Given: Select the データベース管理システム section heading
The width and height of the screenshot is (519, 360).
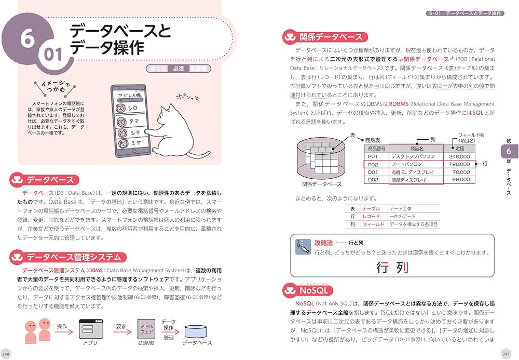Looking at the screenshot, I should click(74, 257).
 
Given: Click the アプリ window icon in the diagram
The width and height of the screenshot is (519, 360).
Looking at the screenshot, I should click(90, 328).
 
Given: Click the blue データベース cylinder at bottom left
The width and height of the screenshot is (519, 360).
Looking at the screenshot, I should click(197, 330).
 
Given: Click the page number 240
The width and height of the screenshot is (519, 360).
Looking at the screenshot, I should click(6, 354).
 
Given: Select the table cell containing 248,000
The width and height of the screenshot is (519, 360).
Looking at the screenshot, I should click(459, 156).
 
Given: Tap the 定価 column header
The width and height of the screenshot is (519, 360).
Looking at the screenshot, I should click(459, 148).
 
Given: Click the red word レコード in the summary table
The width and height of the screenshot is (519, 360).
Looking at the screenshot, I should click(371, 216).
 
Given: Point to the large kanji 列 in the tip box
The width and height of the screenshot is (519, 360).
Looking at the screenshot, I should click(400, 268).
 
